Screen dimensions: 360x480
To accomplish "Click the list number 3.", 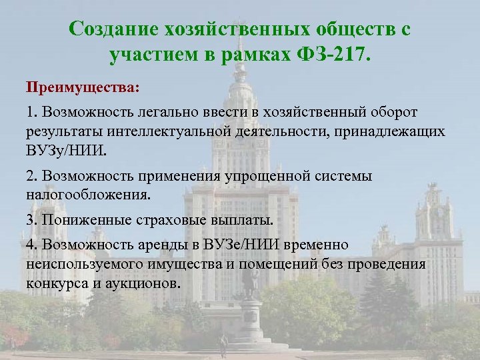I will click(x=31, y=220).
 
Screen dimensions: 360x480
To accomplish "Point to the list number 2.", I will click(x=31, y=176).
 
